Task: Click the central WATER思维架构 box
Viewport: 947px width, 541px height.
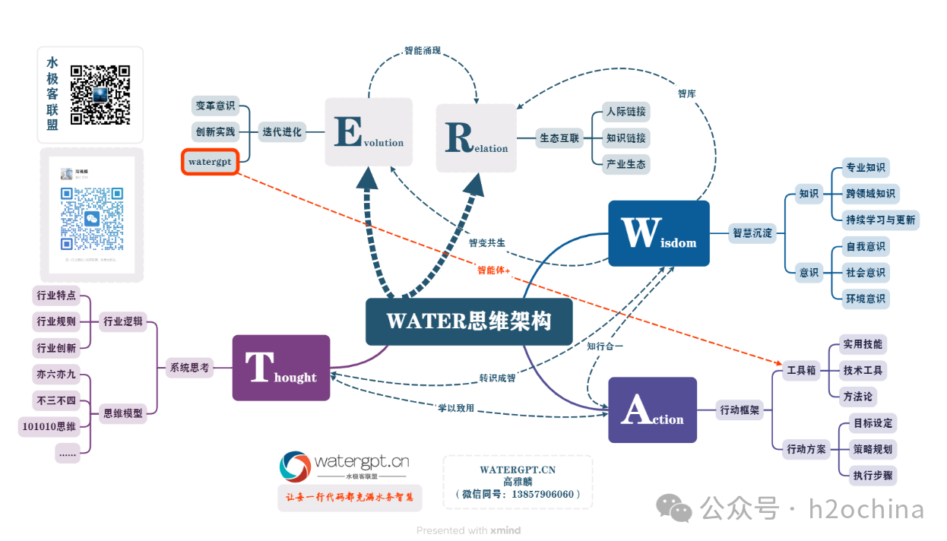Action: click(x=468, y=321)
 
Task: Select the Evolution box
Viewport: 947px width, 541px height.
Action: click(x=369, y=132)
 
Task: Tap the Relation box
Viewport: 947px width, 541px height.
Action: click(x=477, y=138)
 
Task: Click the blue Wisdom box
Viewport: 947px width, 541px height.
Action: click(x=658, y=233)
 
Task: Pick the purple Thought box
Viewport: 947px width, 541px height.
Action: click(x=280, y=368)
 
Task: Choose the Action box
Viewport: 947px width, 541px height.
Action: click(x=652, y=410)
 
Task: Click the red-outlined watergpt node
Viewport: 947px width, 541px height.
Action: click(x=210, y=162)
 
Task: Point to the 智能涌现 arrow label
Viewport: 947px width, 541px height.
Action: click(x=423, y=52)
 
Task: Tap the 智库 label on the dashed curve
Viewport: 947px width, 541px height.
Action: click(x=686, y=93)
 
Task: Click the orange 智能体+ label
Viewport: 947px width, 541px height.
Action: click(x=493, y=270)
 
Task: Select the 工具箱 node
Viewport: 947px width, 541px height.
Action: click(x=801, y=371)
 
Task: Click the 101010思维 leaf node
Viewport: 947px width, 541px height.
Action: click(x=49, y=427)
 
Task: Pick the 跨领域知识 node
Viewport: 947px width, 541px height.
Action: click(x=870, y=194)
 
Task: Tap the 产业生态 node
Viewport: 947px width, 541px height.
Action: click(x=626, y=164)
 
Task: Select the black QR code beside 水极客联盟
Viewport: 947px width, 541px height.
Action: click(x=100, y=95)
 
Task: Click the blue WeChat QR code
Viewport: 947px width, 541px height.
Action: click(x=91, y=219)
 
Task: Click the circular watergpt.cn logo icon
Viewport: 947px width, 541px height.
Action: click(x=295, y=467)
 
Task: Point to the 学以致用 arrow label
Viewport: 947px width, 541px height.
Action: click(x=456, y=408)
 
